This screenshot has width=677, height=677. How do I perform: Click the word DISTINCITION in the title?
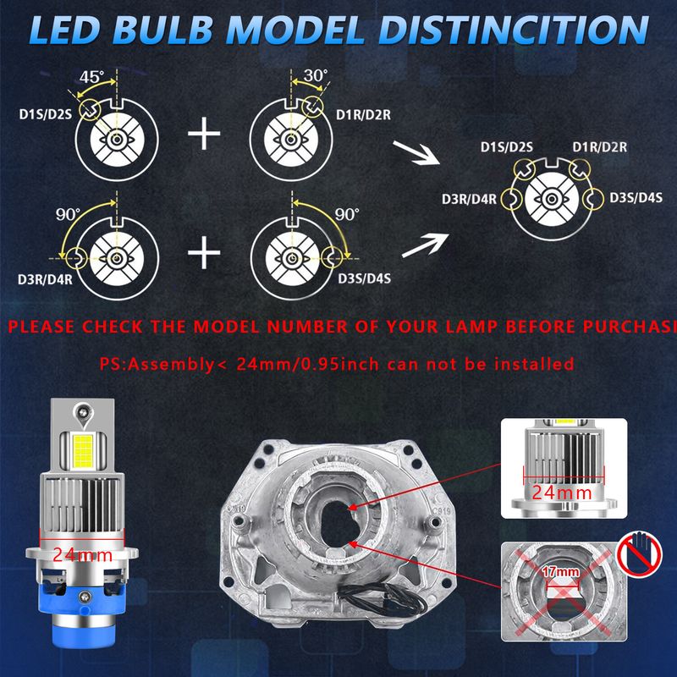[514, 30]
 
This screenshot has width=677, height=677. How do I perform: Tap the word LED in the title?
[64, 30]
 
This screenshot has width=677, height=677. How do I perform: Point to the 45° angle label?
[91, 77]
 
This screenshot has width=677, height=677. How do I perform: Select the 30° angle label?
[316, 75]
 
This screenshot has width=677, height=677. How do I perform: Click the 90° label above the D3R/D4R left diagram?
[69, 214]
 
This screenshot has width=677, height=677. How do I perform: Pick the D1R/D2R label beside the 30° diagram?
[364, 115]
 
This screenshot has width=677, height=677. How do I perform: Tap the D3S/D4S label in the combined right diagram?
[636, 198]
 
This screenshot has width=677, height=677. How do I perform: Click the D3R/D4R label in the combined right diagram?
[469, 199]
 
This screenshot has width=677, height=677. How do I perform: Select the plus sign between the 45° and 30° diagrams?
[204, 134]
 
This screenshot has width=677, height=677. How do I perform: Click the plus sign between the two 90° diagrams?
[204, 252]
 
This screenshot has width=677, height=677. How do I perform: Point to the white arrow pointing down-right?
[416, 153]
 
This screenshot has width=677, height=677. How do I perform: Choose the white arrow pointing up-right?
[426, 245]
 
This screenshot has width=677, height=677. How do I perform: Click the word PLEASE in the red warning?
[41, 327]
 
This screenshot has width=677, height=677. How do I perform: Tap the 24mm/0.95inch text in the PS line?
[307, 364]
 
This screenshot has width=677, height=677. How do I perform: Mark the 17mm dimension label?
[561, 572]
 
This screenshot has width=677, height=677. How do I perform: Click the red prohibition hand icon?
[640, 553]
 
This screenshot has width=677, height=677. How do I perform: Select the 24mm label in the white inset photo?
[561, 493]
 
